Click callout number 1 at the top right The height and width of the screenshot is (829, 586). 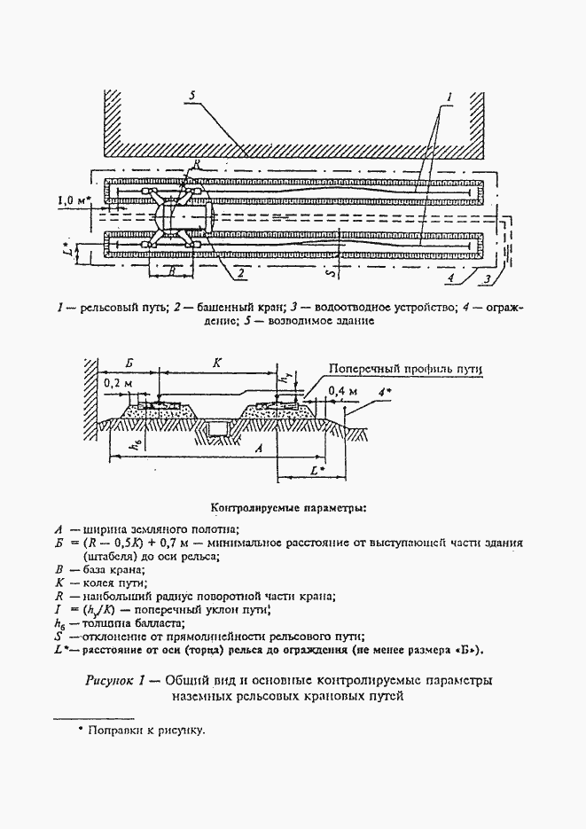449,95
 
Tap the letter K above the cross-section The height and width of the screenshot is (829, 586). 215,363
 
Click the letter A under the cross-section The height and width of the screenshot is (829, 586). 259,450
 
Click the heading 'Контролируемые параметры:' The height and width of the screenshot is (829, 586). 287,509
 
